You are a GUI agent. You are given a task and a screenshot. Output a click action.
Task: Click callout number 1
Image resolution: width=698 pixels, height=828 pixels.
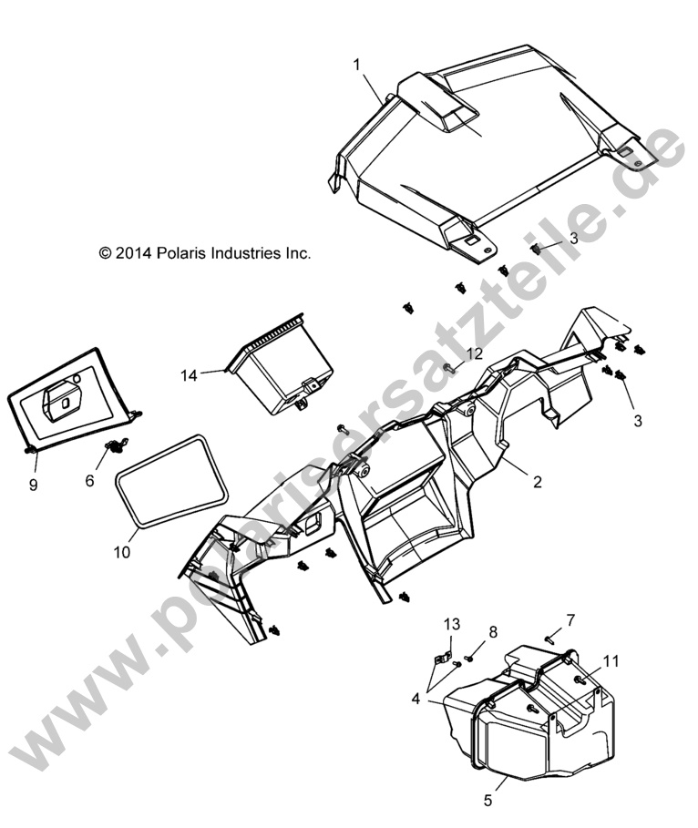(357, 64)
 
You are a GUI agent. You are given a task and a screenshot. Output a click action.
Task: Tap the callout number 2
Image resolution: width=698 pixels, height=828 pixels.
(538, 482)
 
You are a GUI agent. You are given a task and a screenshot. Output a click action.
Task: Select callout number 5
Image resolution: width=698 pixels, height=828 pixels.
(488, 801)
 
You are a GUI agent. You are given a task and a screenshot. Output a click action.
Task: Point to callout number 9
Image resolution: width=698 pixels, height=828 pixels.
(33, 486)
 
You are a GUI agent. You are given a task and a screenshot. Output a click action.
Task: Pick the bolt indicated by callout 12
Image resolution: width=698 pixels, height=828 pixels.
(451, 367)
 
